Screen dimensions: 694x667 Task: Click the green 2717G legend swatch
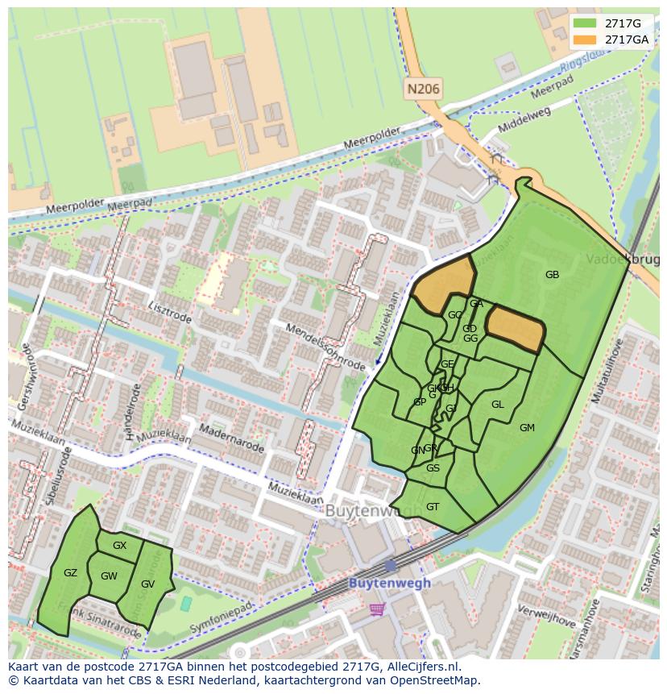pos(585,23)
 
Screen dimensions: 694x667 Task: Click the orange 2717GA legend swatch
pos(585,39)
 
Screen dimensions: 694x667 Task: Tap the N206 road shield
pos(423,89)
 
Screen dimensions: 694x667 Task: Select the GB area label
pos(552,275)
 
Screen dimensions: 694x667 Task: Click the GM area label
pos(527,428)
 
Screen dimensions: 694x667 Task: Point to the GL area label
pos(497,405)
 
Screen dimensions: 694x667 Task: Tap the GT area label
pos(433,507)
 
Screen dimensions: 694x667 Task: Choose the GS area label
pos(433,468)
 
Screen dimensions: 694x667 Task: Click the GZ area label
pos(70,573)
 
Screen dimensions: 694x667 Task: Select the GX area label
pos(119,546)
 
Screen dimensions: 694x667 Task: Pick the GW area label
pos(109,576)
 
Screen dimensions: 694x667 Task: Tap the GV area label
pos(147,584)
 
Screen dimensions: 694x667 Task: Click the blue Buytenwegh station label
pos(389,583)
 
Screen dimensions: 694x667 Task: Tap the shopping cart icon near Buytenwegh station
pos(376,609)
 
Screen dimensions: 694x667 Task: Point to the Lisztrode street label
pos(170,313)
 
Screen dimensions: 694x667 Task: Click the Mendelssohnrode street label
pos(325,347)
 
